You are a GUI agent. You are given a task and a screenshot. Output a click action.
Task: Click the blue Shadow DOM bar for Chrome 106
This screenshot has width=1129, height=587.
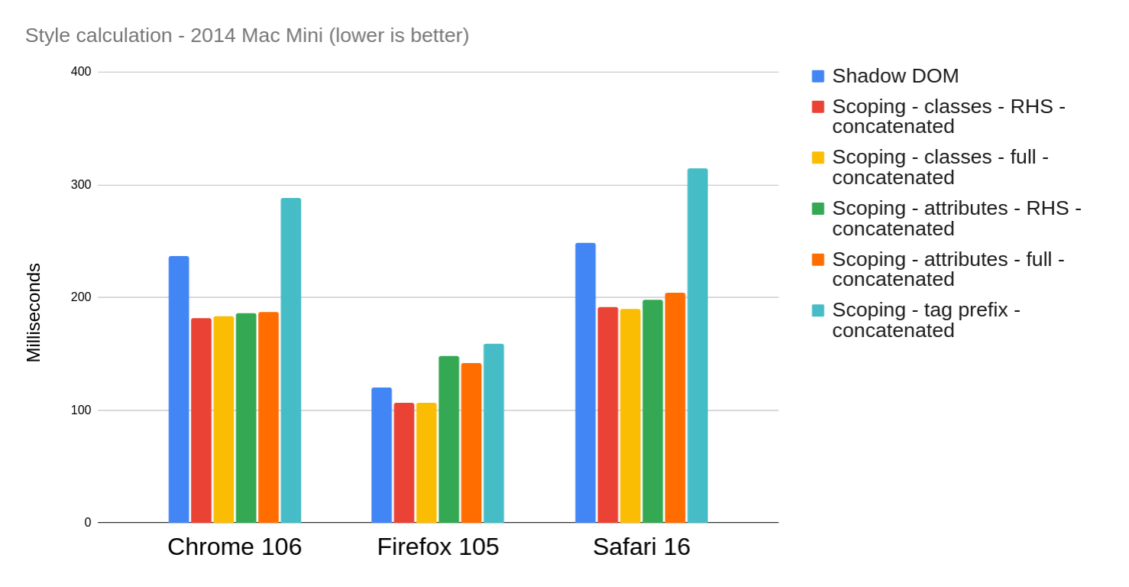pyautogui.click(x=179, y=389)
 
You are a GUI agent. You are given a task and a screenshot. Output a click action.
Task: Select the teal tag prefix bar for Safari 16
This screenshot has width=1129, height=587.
pyautogui.click(x=697, y=345)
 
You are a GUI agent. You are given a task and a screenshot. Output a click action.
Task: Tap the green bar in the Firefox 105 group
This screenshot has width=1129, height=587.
pyautogui.click(x=449, y=439)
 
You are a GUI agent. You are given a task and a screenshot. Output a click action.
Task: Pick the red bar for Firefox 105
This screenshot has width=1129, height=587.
pyautogui.click(x=404, y=462)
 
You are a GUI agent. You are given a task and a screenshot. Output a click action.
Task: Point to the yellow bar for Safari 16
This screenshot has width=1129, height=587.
pyautogui.click(x=630, y=416)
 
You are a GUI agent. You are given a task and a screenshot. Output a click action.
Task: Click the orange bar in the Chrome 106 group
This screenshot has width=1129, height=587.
pyautogui.click(x=268, y=417)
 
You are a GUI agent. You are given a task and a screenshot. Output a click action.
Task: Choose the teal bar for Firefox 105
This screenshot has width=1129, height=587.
pyautogui.click(x=493, y=433)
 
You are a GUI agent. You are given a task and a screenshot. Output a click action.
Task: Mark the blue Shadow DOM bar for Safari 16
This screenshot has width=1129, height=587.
pyautogui.click(x=585, y=383)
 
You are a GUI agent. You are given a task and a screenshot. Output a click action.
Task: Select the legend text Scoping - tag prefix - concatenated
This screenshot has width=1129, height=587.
pyautogui.click(x=925, y=320)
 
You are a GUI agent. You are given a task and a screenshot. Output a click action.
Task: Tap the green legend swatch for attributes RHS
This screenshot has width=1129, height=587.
pyautogui.click(x=818, y=209)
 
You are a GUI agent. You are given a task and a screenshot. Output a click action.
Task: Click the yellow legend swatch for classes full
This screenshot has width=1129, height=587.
pyautogui.click(x=818, y=157)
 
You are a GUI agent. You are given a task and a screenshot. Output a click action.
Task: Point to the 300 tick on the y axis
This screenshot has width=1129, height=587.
pyautogui.click(x=81, y=184)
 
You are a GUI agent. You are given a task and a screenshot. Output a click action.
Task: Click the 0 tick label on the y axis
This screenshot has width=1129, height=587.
pyautogui.click(x=88, y=523)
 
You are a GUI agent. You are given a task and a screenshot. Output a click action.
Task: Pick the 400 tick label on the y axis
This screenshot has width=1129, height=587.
pyautogui.click(x=81, y=72)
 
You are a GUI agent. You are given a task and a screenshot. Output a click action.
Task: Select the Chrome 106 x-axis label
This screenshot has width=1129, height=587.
pyautogui.click(x=235, y=546)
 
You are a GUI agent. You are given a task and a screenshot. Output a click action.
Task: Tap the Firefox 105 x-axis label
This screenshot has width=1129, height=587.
pyautogui.click(x=438, y=546)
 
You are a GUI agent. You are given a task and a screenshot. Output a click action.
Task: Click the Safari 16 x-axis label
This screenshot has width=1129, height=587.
pyautogui.click(x=641, y=546)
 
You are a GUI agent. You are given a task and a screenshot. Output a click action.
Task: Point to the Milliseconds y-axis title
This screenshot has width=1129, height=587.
pyautogui.click(x=34, y=313)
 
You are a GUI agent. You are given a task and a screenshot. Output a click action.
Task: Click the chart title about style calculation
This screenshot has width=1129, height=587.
pyautogui.click(x=247, y=35)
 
